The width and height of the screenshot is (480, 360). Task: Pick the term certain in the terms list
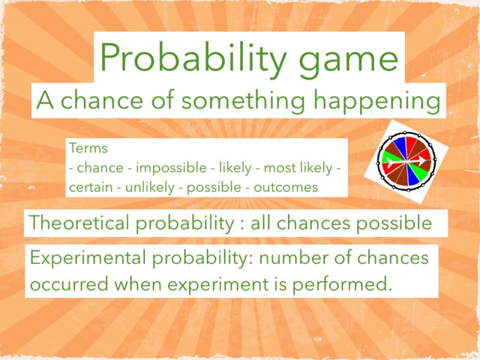88,186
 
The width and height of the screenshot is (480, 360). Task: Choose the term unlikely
148,187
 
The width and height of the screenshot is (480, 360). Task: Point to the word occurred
67,286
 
